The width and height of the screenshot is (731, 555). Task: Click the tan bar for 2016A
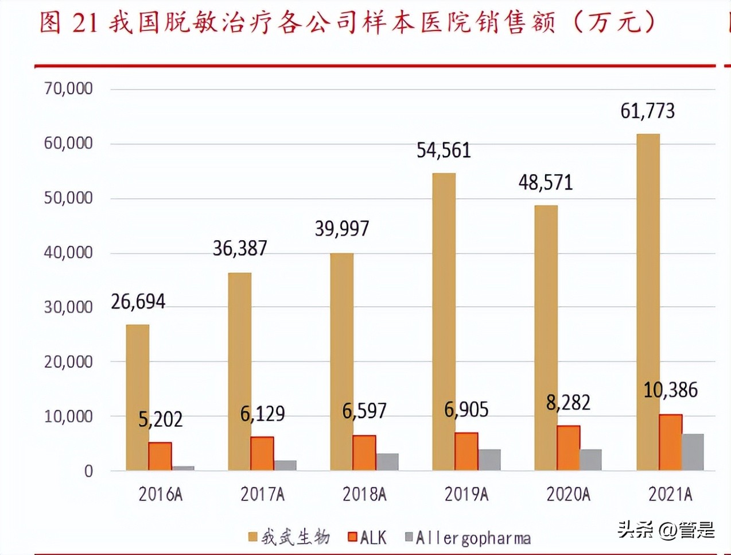(138, 398)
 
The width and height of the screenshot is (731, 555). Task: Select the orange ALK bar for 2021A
(670, 442)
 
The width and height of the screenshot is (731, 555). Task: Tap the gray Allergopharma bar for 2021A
(693, 452)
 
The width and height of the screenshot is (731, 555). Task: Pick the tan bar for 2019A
(444, 322)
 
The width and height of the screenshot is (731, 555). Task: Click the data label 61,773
(647, 111)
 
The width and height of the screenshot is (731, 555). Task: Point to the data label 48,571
(546, 183)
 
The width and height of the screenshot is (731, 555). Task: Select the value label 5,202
(160, 419)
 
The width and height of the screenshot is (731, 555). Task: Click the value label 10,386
(670, 390)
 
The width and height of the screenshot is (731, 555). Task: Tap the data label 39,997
(342, 229)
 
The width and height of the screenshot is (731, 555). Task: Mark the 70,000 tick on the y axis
(68, 88)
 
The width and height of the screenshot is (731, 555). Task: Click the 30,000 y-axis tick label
(68, 307)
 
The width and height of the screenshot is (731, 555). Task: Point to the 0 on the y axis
(88, 471)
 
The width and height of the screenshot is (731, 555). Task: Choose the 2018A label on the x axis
(364, 494)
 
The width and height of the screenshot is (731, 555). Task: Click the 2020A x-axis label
(568, 494)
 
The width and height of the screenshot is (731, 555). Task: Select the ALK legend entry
(367, 538)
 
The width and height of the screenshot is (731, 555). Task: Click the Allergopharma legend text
(473, 538)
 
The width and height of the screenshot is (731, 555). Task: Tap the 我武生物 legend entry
(289, 538)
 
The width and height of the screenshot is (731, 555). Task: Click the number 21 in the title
(85, 23)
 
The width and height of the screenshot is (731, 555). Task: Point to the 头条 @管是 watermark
(666, 529)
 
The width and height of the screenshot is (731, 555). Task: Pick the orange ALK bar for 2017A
(262, 454)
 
